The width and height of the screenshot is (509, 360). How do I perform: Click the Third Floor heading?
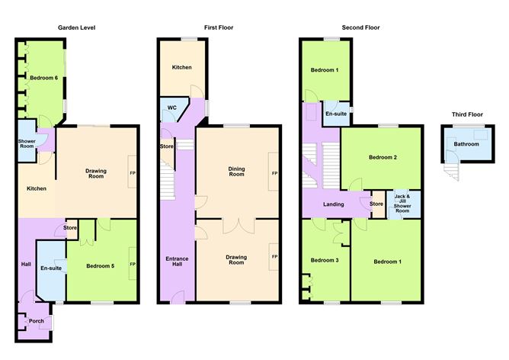click(x=467, y=114)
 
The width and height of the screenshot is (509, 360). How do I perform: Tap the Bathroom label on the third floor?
click(x=466, y=143)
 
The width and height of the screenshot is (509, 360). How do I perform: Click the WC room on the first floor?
click(x=171, y=108)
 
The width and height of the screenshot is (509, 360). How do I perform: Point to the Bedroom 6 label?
click(x=43, y=78)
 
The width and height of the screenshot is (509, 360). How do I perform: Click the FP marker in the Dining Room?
click(x=274, y=174)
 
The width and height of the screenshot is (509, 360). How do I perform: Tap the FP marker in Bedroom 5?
click(x=133, y=265)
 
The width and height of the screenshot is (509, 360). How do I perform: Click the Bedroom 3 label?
click(x=324, y=261)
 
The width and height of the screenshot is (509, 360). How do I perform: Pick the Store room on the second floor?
click(x=376, y=204)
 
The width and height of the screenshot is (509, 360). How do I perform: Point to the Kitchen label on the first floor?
click(x=181, y=68)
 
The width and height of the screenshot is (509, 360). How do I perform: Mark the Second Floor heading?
click(x=360, y=27)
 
